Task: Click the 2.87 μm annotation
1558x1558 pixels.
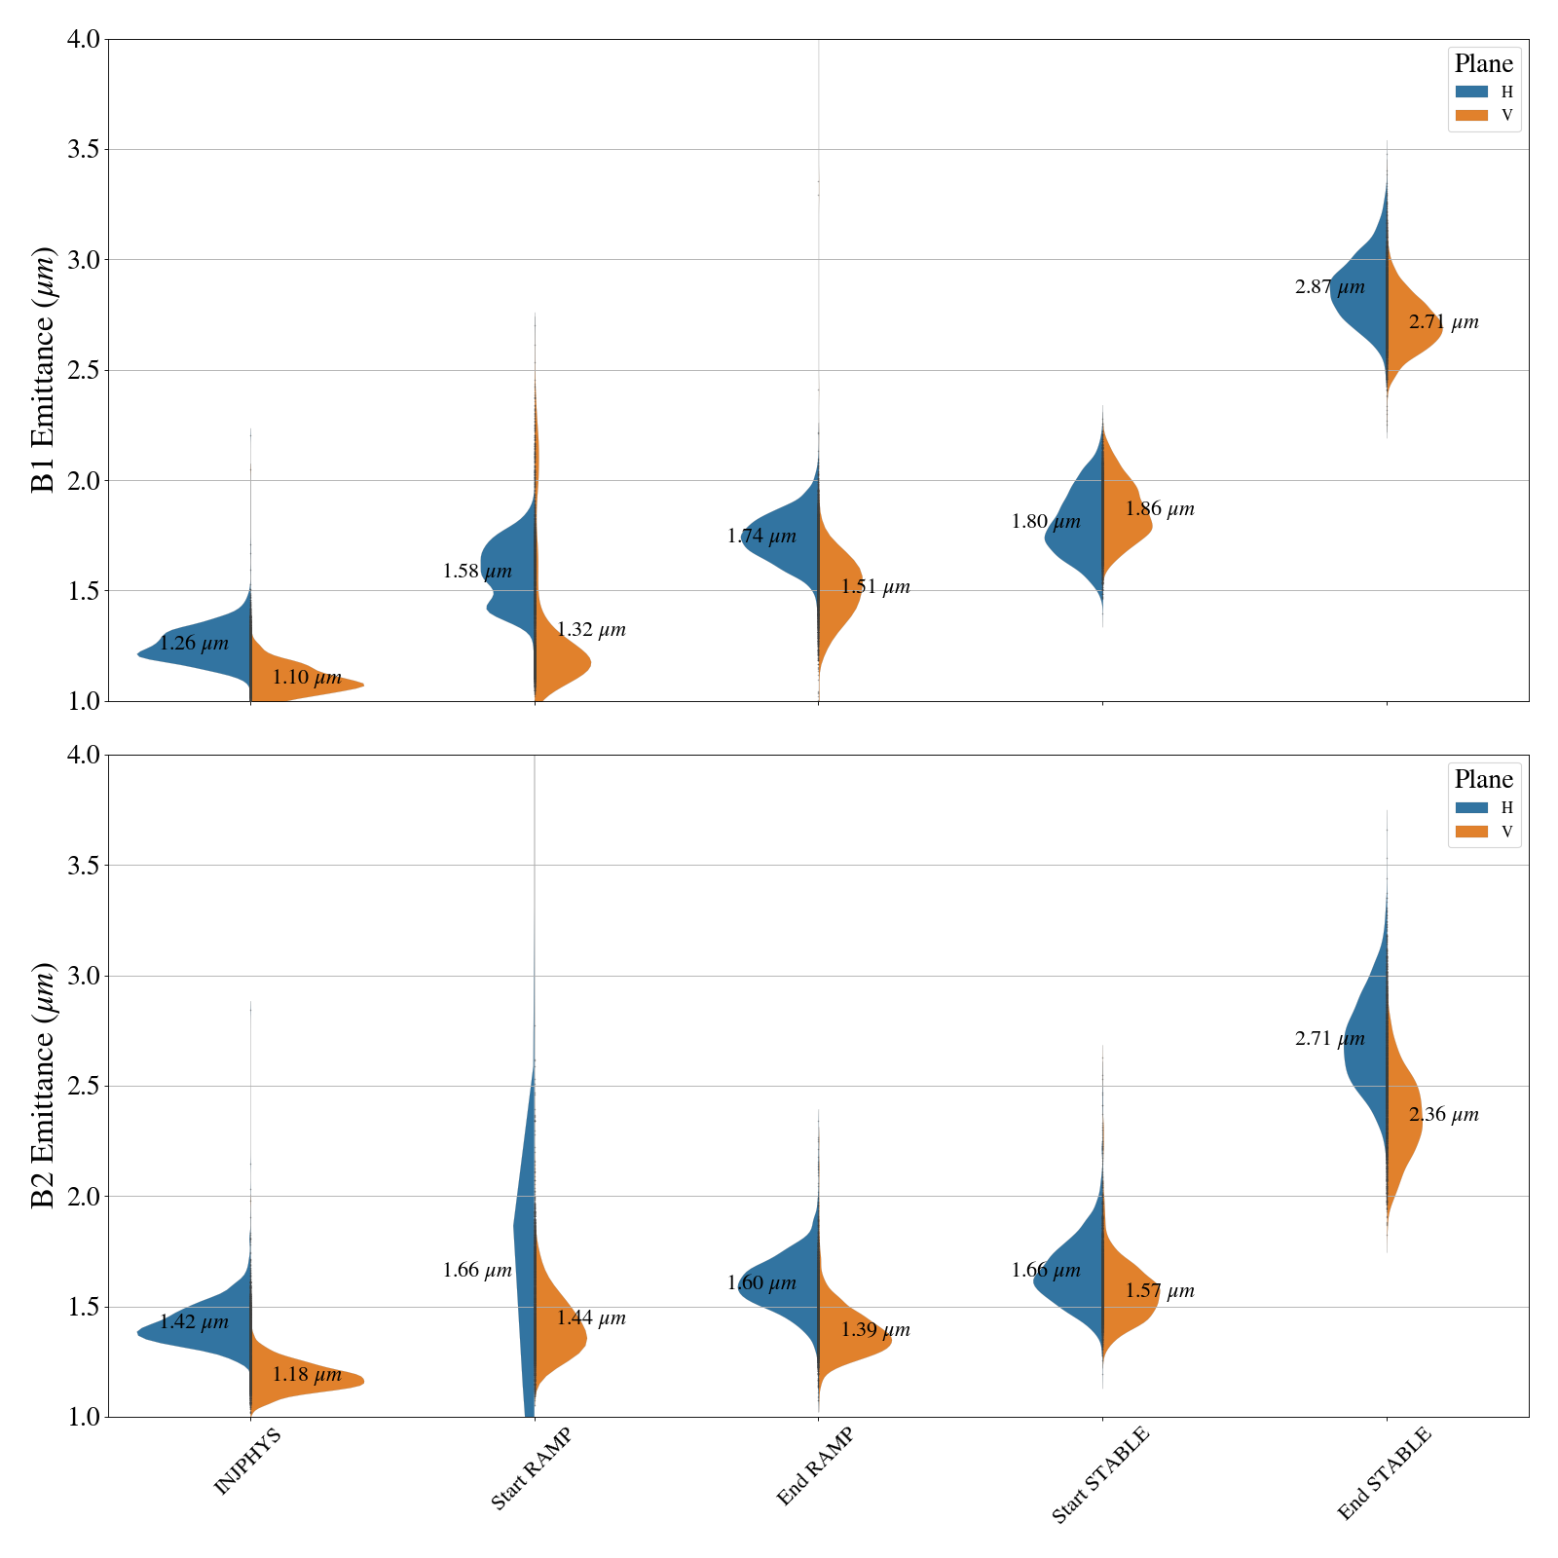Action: (x=1330, y=288)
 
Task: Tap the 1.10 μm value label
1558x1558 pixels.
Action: (x=307, y=678)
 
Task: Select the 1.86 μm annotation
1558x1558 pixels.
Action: (x=1160, y=509)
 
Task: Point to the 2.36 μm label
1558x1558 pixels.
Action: (x=1444, y=1116)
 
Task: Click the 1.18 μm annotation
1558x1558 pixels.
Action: (x=307, y=1376)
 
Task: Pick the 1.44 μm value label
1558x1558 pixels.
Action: (x=591, y=1318)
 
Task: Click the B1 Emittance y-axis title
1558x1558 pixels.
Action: (x=44, y=370)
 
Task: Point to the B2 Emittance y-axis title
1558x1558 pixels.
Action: (x=44, y=1086)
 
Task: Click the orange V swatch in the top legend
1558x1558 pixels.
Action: (x=1471, y=116)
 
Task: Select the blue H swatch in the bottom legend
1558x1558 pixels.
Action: (x=1471, y=807)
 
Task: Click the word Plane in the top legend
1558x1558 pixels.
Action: (x=1483, y=64)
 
